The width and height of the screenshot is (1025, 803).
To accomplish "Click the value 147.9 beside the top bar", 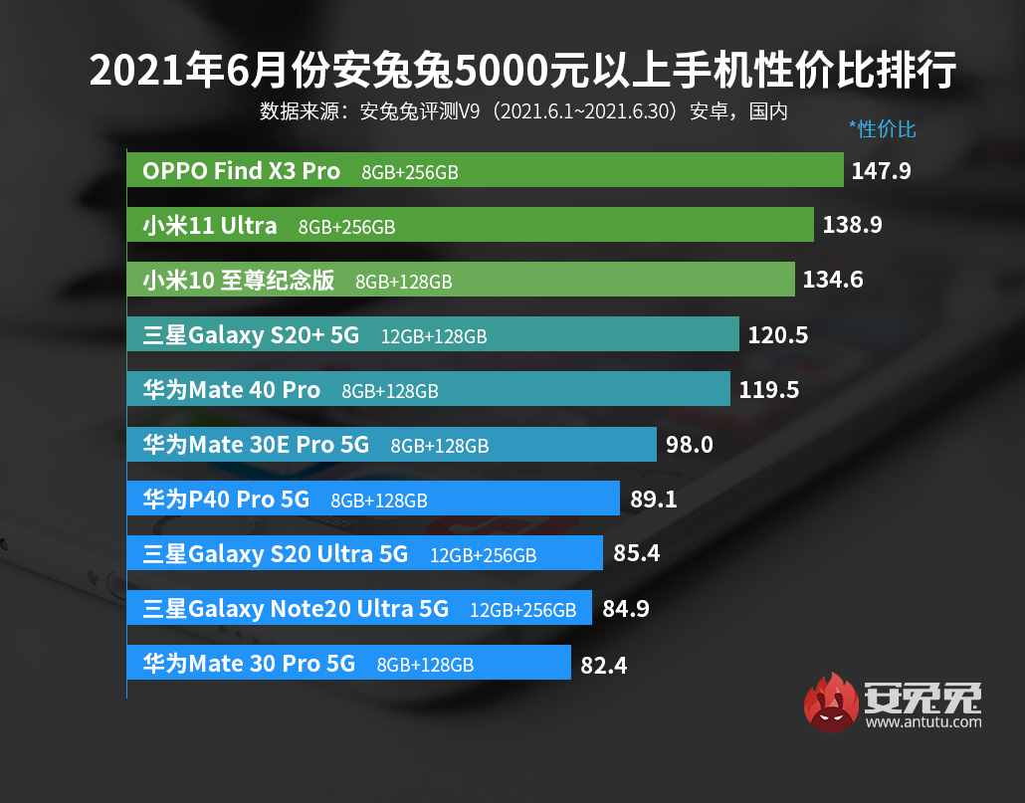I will click(x=881, y=171).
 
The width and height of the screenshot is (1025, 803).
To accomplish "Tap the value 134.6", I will click(x=832, y=281).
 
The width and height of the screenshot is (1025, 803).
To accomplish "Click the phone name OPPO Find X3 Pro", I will click(x=241, y=171).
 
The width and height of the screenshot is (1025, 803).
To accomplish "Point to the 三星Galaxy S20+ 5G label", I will click(x=251, y=335).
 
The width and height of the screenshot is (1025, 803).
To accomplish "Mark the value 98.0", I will click(x=689, y=445).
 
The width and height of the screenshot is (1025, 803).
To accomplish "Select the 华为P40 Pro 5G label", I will click(x=226, y=500).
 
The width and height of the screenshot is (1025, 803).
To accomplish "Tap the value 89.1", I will click(x=654, y=500).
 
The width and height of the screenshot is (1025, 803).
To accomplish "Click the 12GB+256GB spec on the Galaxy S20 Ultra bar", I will click(x=483, y=555).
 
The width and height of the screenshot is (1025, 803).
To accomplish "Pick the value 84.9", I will click(x=625, y=608).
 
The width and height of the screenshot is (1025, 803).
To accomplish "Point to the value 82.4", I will click(x=604, y=664).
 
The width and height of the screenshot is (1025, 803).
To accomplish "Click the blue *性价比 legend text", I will click(x=882, y=128).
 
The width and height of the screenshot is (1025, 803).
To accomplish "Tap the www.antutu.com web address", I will click(x=922, y=721).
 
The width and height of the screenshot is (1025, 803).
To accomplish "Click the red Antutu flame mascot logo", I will click(x=830, y=702).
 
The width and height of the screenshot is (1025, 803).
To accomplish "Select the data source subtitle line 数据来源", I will click(x=523, y=110).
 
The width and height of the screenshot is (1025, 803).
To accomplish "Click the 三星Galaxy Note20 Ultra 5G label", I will click(x=296, y=608).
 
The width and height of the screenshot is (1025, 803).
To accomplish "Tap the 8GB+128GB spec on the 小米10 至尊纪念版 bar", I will click(x=403, y=282).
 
